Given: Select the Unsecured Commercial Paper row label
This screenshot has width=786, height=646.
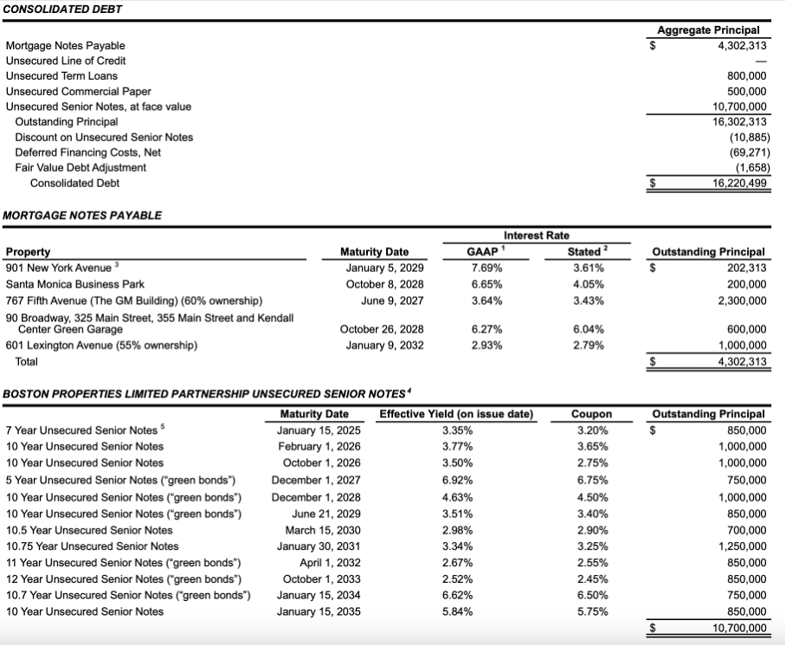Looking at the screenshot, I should click(x=78, y=91).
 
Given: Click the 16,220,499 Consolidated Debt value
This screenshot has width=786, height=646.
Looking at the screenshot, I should click(x=738, y=183).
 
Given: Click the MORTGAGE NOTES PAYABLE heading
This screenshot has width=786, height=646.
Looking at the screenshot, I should click(x=82, y=215).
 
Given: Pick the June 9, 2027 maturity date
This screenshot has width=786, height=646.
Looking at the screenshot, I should click(x=387, y=300).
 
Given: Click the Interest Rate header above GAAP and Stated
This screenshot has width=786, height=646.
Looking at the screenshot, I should click(x=535, y=236).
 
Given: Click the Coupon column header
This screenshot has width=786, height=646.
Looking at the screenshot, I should click(x=591, y=414).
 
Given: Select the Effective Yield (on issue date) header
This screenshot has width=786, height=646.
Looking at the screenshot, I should click(x=456, y=414).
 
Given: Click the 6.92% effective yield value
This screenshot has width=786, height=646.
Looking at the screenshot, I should click(x=456, y=480).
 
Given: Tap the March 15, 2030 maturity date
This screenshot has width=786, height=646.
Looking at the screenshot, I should click(x=314, y=529).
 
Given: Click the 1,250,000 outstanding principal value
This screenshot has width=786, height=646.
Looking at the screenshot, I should click(x=742, y=546).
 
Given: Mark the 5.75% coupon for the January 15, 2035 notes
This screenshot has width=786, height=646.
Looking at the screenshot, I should click(x=592, y=611).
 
